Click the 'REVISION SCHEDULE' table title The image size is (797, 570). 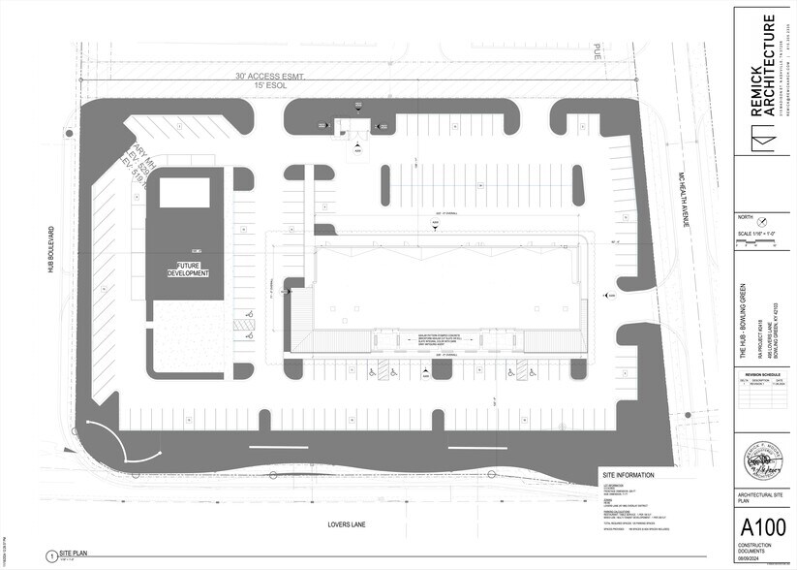point(761,373)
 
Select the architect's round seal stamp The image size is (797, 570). point(762,460)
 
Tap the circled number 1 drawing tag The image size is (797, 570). point(48,555)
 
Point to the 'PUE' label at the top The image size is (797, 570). point(598,52)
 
